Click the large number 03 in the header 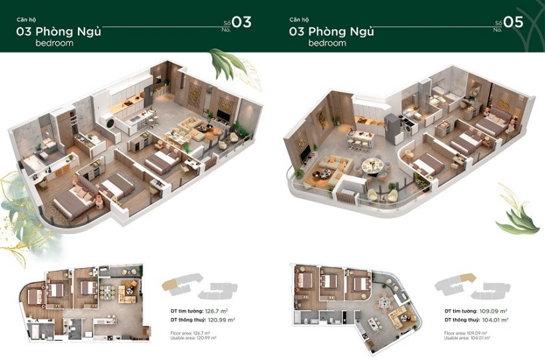241,22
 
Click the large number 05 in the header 513,22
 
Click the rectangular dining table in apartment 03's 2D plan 109,293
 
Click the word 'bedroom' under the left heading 55,43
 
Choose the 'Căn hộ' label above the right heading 299,19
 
